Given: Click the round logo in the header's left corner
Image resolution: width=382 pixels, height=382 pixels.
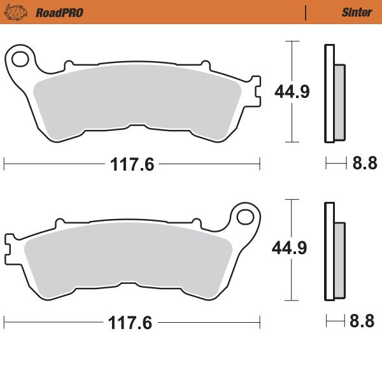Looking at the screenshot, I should [x=20, y=12].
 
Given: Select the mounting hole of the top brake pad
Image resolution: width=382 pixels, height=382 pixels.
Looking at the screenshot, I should [x=19, y=60].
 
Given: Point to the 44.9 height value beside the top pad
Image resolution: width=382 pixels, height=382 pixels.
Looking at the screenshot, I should [x=292, y=92].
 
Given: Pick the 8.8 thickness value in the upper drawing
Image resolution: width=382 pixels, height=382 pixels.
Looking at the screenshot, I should [x=365, y=164].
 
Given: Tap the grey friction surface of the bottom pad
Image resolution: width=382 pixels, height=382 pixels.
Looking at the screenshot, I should [x=127, y=258].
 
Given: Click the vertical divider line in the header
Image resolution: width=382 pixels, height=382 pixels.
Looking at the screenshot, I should [x=306, y=12].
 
